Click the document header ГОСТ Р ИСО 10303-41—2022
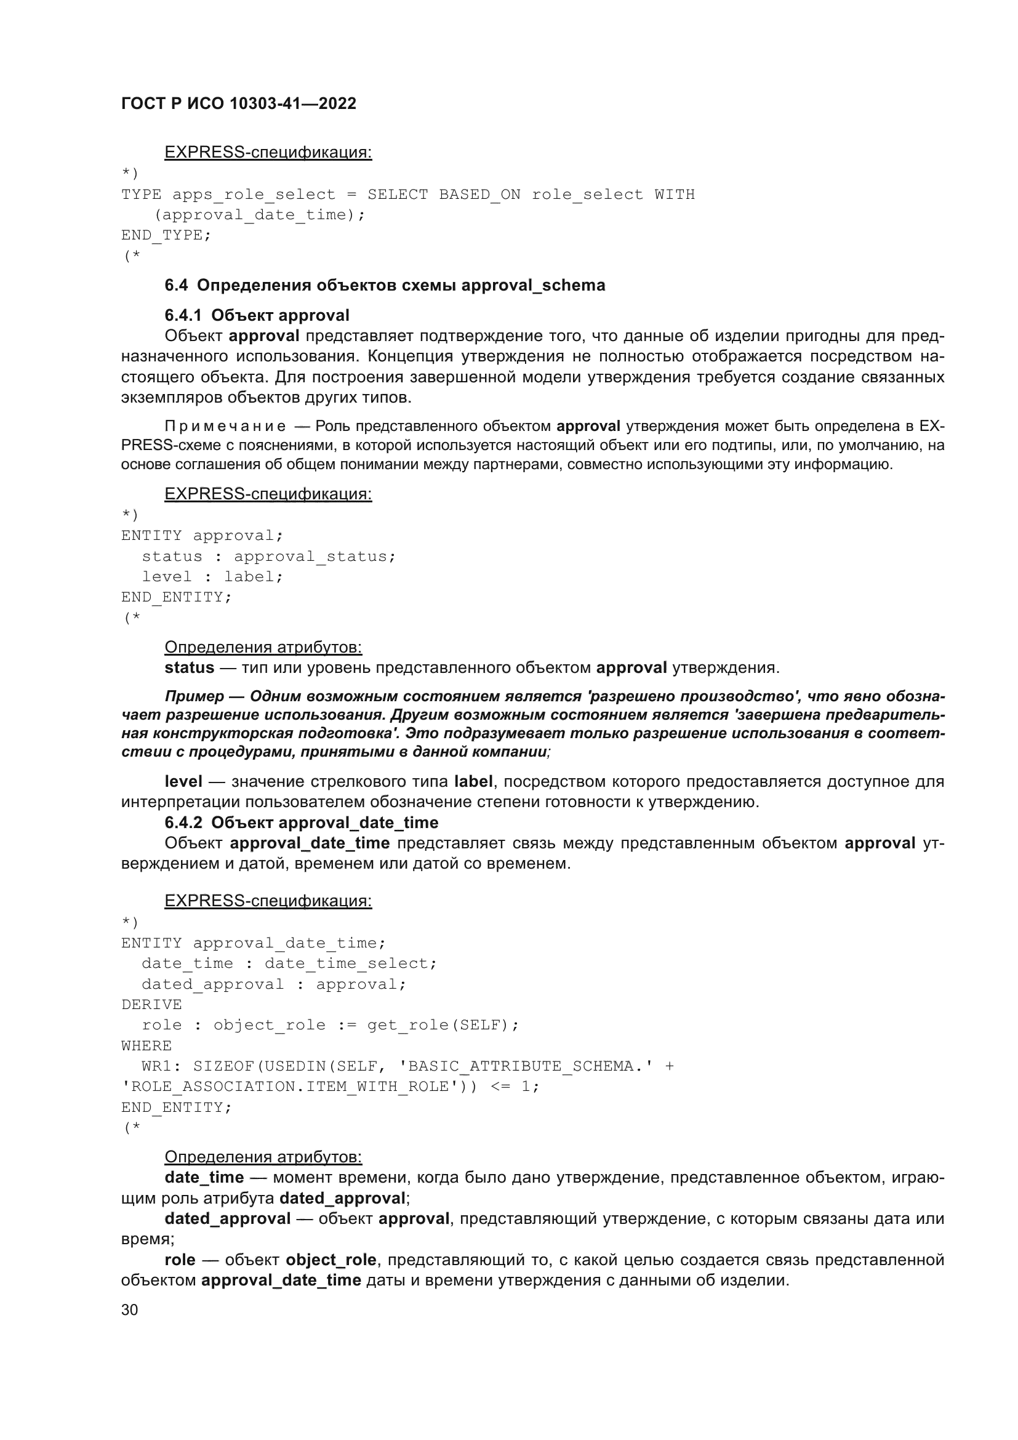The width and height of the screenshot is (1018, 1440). [x=238, y=103]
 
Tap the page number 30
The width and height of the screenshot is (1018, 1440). [x=129, y=1309]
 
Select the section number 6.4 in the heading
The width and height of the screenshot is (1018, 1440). [x=176, y=286]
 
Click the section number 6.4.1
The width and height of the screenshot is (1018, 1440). [x=183, y=315]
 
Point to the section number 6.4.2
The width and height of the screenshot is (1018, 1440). [x=183, y=823]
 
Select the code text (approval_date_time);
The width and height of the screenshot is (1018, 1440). [x=260, y=215]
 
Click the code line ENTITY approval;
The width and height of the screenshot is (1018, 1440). [x=202, y=536]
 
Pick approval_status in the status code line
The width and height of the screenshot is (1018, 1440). [x=315, y=557]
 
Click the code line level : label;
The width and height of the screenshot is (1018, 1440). [x=212, y=576]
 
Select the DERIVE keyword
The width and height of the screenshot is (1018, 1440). [x=151, y=1004]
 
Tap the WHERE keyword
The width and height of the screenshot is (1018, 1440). [x=146, y=1045]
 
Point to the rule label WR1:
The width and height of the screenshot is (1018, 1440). [x=157, y=1066]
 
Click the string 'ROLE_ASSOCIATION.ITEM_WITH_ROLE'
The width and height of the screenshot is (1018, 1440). [x=291, y=1086]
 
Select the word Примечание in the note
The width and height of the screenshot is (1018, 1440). [x=225, y=427]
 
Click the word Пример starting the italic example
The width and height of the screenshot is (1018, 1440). [x=194, y=696]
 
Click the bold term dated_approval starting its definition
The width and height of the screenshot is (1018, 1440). [x=228, y=1218]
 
